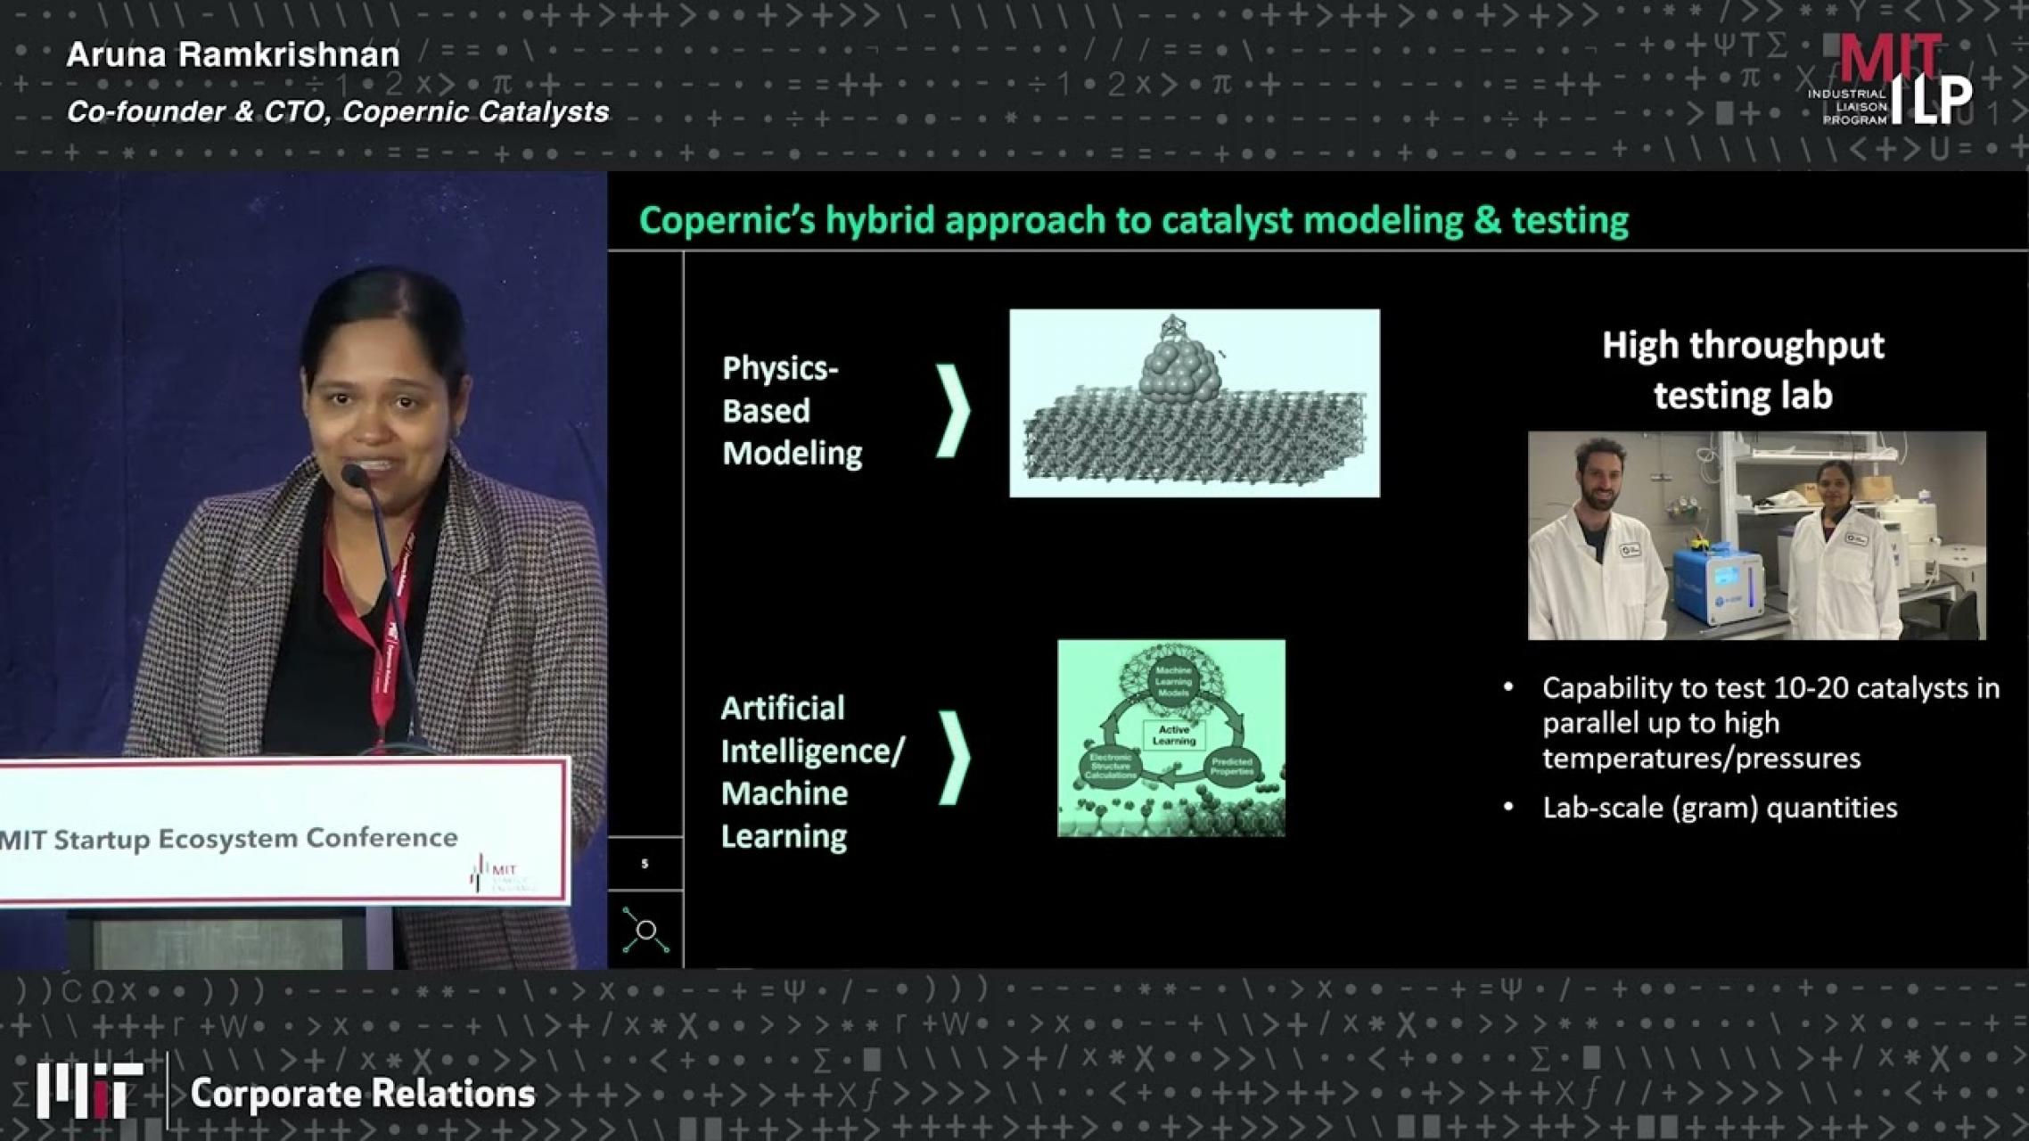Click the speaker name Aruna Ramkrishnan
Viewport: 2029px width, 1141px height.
tap(233, 55)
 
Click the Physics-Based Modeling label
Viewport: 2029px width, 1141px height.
tap(792, 411)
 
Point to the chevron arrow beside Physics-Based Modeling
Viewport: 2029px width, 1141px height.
tap(952, 411)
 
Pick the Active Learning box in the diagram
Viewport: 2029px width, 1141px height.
tap(1173, 735)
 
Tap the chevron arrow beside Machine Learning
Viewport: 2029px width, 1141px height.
tap(953, 758)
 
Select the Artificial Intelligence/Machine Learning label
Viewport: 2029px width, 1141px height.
tap(811, 772)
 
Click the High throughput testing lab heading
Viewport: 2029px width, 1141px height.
tap(1743, 370)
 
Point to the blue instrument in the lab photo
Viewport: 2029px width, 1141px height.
tap(1716, 588)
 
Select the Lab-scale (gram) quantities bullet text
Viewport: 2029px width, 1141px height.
tap(1720, 808)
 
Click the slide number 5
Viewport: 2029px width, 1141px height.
tap(645, 864)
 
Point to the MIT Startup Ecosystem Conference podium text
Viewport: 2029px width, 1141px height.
tap(229, 839)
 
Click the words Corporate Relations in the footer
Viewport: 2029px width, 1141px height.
tap(363, 1094)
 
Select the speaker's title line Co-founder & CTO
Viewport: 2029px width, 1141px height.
tap(337, 112)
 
